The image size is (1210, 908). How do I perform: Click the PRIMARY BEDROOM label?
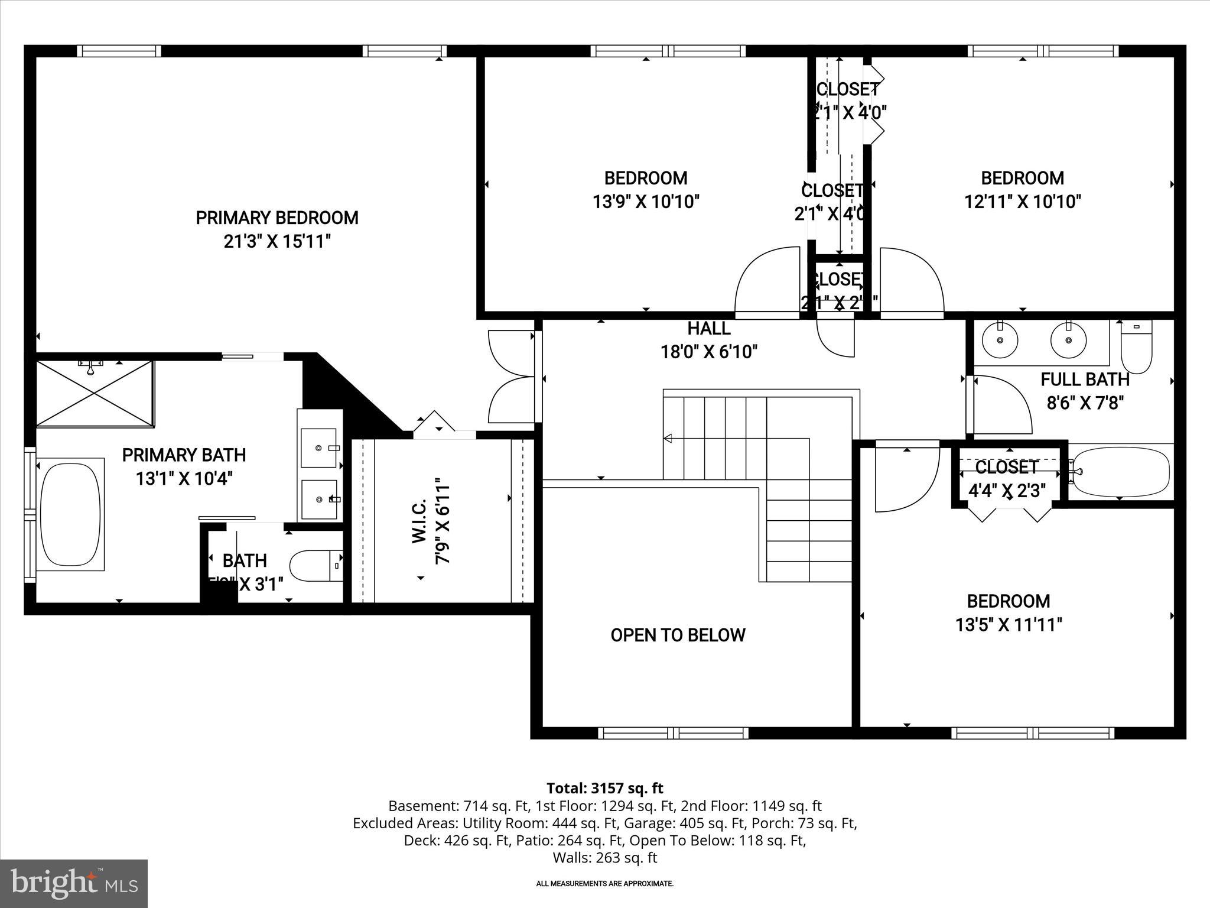(277, 218)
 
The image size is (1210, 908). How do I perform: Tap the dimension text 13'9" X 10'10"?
(646, 202)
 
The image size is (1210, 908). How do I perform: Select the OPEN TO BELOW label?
(678, 635)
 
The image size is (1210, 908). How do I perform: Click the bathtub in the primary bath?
(70, 514)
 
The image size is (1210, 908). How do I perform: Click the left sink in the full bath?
(1000, 340)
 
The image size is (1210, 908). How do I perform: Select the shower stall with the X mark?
(95, 393)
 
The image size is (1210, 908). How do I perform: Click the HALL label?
(708, 328)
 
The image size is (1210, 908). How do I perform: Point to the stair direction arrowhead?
(668, 438)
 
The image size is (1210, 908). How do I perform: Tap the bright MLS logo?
(74, 884)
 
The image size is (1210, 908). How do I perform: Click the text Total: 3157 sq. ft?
(604, 788)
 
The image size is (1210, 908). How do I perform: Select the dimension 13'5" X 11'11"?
(1009, 625)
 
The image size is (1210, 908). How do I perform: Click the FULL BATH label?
(1085, 380)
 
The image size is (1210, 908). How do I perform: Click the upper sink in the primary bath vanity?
(319, 447)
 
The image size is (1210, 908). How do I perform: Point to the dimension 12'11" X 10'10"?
(1022, 202)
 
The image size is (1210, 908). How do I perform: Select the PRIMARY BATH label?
(184, 455)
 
